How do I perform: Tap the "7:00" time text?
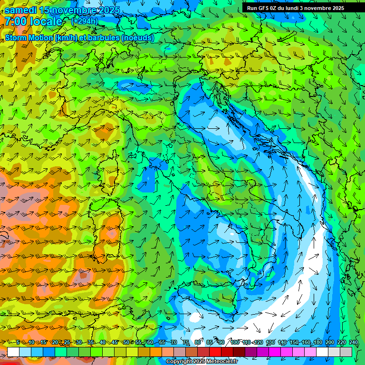[16, 21]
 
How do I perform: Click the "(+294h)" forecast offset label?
[85, 21]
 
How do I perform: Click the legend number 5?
[18, 342]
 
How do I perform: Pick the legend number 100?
[234, 342]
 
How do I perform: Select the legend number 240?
[353, 342]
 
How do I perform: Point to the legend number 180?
[317, 342]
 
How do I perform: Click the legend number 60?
[150, 342]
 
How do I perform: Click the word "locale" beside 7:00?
[47, 21]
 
